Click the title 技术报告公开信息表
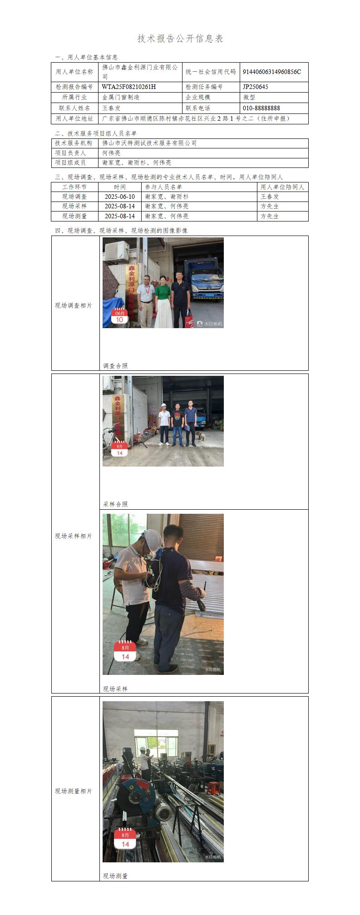[x=180, y=39]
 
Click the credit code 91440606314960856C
[x=272, y=72]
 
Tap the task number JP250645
[x=256, y=87]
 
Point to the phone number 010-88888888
[x=261, y=108]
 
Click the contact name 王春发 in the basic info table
[x=111, y=108]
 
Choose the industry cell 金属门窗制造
[x=121, y=97]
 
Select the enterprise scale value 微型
[x=249, y=97]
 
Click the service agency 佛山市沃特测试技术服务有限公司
[x=149, y=143]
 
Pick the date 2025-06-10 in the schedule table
[x=120, y=197]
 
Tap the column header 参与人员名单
[x=163, y=187]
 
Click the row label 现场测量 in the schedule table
[x=74, y=216]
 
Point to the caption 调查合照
[x=115, y=366]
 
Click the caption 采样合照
[x=115, y=504]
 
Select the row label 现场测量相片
[x=74, y=791]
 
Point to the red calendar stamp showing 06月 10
[x=119, y=317]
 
